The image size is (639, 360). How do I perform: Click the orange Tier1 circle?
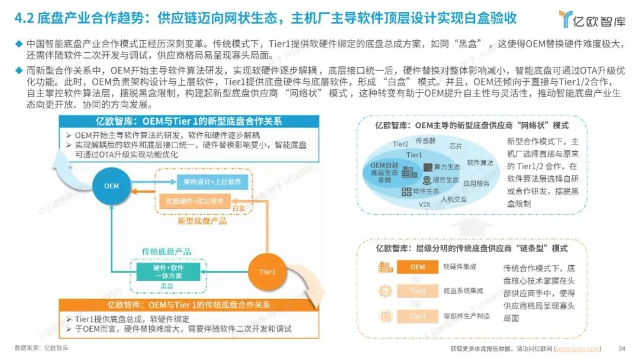[267, 272]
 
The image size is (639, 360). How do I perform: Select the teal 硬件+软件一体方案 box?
[167, 272]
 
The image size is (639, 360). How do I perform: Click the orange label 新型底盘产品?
[201, 221]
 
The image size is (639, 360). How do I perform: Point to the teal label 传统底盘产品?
[166, 252]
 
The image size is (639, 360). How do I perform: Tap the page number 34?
[621, 348]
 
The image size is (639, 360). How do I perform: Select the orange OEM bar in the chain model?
[418, 267]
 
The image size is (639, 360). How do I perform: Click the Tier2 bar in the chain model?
[418, 317]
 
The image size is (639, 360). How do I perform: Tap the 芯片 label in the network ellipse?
[456, 145]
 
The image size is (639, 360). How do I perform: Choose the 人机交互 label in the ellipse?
[453, 200]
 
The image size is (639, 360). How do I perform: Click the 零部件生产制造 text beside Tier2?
[467, 317]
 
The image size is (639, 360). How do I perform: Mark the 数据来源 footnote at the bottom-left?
[41, 348]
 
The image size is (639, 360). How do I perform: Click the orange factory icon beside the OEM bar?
[385, 267]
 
